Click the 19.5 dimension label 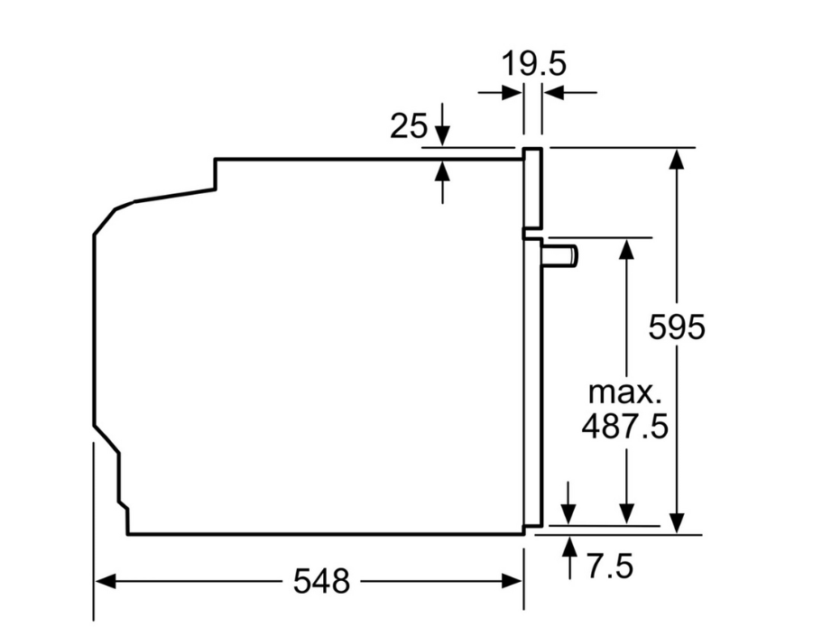533,63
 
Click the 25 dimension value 409,126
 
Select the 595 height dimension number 676,327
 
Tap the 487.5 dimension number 625,426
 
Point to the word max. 624,393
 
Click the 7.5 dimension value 610,567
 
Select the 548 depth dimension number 321,581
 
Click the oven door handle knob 560,255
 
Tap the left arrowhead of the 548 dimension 105,581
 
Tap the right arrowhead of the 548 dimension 512,581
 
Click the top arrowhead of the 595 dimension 678,159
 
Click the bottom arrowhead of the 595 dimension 678,523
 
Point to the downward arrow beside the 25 443,124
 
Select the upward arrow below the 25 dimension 443,182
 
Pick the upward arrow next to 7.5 569,558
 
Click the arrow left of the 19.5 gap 500,93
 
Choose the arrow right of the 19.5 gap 570,93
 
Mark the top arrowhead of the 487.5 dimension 626,249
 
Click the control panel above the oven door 532,189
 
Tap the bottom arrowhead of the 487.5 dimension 626,513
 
